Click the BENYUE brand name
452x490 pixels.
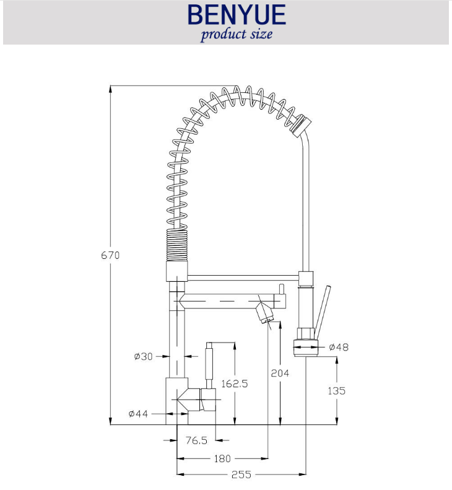pyautogui.click(x=237, y=14)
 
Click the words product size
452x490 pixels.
pyautogui.click(x=237, y=34)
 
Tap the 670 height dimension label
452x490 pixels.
pyautogui.click(x=110, y=255)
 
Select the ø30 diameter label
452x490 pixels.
pyautogui.click(x=144, y=356)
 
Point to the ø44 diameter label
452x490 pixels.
pyautogui.click(x=138, y=414)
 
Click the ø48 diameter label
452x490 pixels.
pyautogui.click(x=339, y=347)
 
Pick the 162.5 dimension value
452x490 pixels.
pyautogui.click(x=235, y=383)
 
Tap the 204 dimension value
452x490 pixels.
pyautogui.click(x=280, y=373)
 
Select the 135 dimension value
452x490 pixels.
pyautogui.click(x=336, y=391)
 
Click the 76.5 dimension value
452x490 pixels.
pyautogui.click(x=196, y=440)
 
